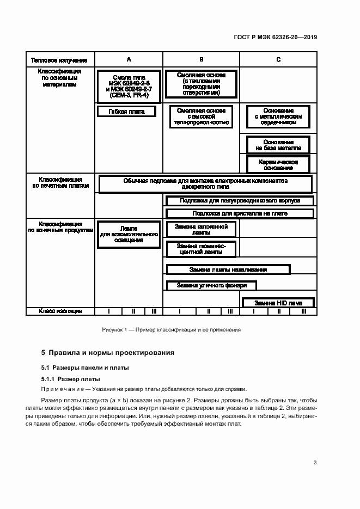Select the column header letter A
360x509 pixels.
(x=129, y=59)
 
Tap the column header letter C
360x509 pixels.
(x=278, y=59)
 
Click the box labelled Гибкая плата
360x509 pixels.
(x=126, y=111)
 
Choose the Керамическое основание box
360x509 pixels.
(x=278, y=164)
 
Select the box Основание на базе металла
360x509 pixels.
(x=278, y=145)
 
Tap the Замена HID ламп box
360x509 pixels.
(x=278, y=303)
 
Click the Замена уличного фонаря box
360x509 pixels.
(x=211, y=285)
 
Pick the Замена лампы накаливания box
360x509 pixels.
(x=228, y=269)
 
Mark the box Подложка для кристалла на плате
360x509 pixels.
(x=240, y=213)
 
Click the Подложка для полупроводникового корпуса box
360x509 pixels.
(x=240, y=201)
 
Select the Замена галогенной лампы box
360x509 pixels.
(x=201, y=229)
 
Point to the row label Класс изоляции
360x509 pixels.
(x=60, y=311)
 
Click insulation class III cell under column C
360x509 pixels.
(x=303, y=311)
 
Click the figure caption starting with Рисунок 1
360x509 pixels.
(x=171, y=330)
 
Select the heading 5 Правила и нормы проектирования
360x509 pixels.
(x=108, y=352)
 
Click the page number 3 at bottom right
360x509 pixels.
(x=315, y=463)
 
